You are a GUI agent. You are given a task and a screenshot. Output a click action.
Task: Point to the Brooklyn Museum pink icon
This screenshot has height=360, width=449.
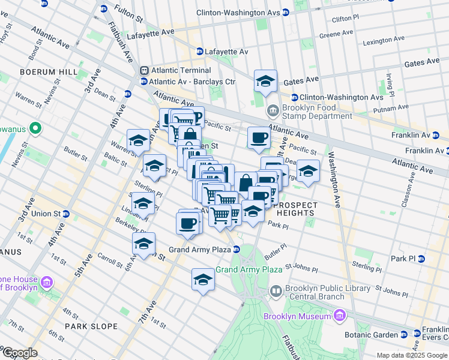[x=339, y=316]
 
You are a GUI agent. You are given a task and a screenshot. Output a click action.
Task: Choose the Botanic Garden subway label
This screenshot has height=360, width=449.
[x=372, y=335]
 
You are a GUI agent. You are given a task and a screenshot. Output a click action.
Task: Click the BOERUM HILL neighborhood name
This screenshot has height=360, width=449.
[x=49, y=72]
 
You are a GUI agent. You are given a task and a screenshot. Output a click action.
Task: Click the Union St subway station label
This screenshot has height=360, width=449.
[x=42, y=214]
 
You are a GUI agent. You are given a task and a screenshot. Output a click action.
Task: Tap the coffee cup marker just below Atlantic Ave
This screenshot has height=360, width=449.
[x=259, y=137]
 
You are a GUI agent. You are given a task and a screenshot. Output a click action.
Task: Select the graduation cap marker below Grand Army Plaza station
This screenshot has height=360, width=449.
[x=203, y=280]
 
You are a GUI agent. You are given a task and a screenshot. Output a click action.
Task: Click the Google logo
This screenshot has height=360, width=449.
[x=20, y=353]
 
